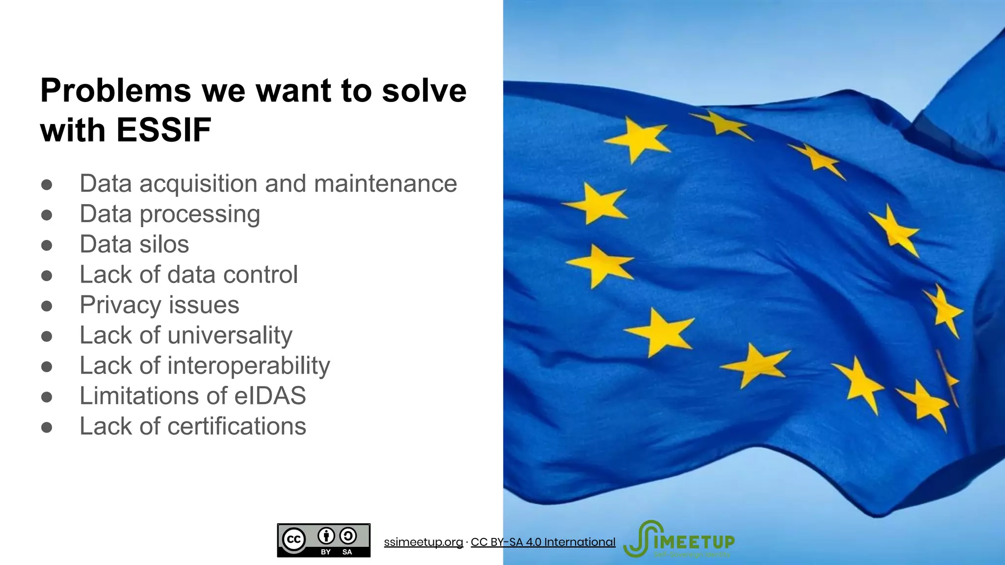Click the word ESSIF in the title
click(163, 130)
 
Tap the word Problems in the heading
click(115, 91)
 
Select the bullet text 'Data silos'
click(134, 244)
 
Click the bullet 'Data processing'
click(170, 214)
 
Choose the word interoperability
click(249, 366)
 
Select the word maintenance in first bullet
click(385, 184)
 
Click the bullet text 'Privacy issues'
click(159, 305)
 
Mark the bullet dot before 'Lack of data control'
click(47, 276)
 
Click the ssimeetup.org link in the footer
click(423, 542)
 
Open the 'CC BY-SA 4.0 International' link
click(543, 542)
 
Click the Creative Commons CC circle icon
click(293, 540)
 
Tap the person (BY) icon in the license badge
click(326, 536)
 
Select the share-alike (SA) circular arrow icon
click(348, 536)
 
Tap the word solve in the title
click(424, 91)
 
